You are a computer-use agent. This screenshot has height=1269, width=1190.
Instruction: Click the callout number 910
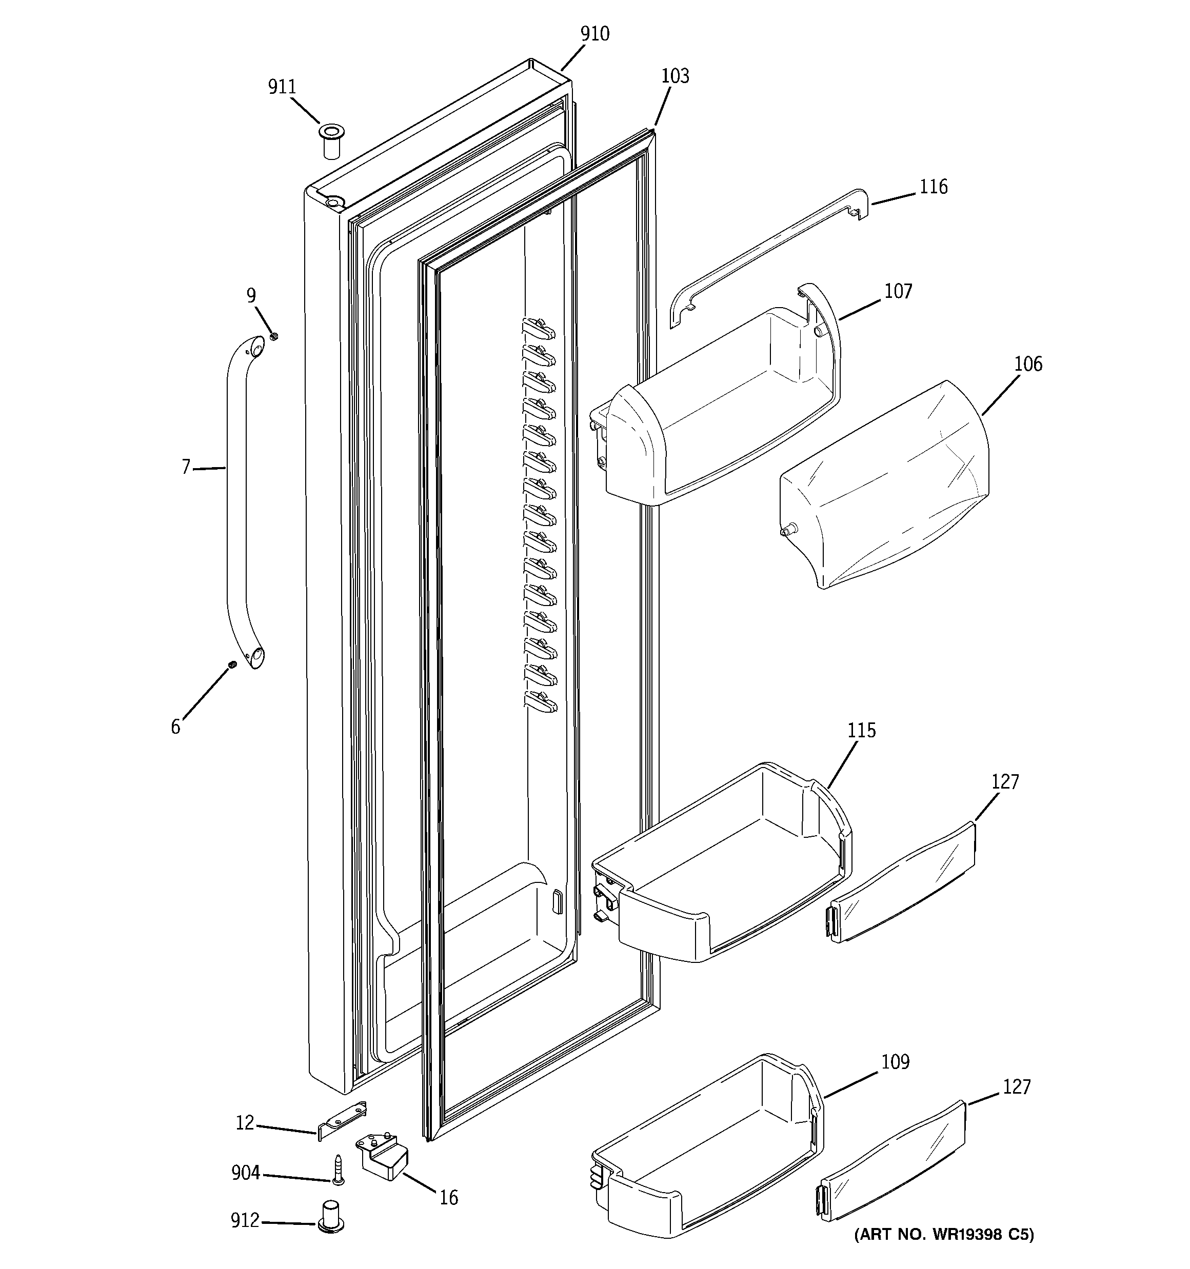pyautogui.click(x=594, y=34)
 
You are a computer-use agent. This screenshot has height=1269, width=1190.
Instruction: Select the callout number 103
pyautogui.click(x=675, y=76)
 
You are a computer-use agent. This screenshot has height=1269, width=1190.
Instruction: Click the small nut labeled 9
pyautogui.click(x=273, y=336)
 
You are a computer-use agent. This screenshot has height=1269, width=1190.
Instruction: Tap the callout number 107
pyautogui.click(x=898, y=291)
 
